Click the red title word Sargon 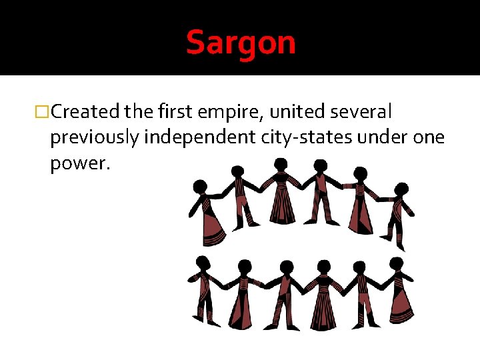coord(241,43)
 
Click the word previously coord(94,138)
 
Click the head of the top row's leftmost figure coord(199,187)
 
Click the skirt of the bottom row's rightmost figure coord(401,308)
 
